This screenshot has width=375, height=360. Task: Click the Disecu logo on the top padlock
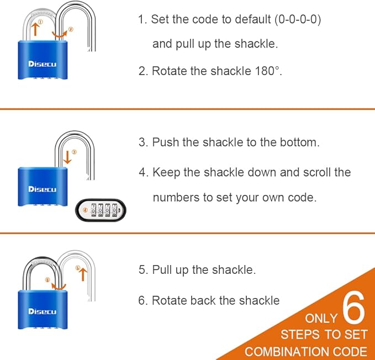point(43,63)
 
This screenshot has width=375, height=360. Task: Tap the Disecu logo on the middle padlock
point(43,189)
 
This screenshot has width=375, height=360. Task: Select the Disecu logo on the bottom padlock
point(43,311)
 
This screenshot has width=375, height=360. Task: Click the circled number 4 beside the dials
point(85,210)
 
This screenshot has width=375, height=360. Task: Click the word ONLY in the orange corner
point(321,319)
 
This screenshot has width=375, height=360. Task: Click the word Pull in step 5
point(163,270)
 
